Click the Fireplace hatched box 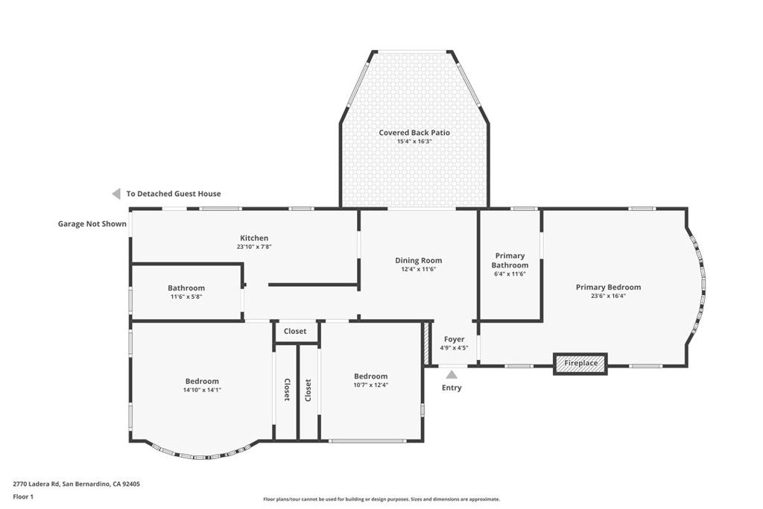point(580,364)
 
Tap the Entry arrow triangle point(452,374)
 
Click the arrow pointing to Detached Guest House point(116,194)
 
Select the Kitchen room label point(254,238)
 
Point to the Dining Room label point(419,260)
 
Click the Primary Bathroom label point(510,260)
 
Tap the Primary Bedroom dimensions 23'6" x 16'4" point(608,295)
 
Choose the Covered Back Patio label point(414,133)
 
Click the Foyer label point(454,339)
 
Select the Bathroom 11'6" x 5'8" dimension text point(186,297)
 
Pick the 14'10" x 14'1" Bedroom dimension point(202,390)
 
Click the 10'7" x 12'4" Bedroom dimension point(371,385)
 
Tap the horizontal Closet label point(295,331)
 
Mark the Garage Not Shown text point(92,224)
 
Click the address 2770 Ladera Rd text point(36,484)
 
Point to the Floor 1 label point(23,497)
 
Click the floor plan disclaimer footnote point(381,499)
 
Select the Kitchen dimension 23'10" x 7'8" point(254,247)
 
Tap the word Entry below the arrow point(452,388)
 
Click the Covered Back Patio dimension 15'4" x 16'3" point(414,142)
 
